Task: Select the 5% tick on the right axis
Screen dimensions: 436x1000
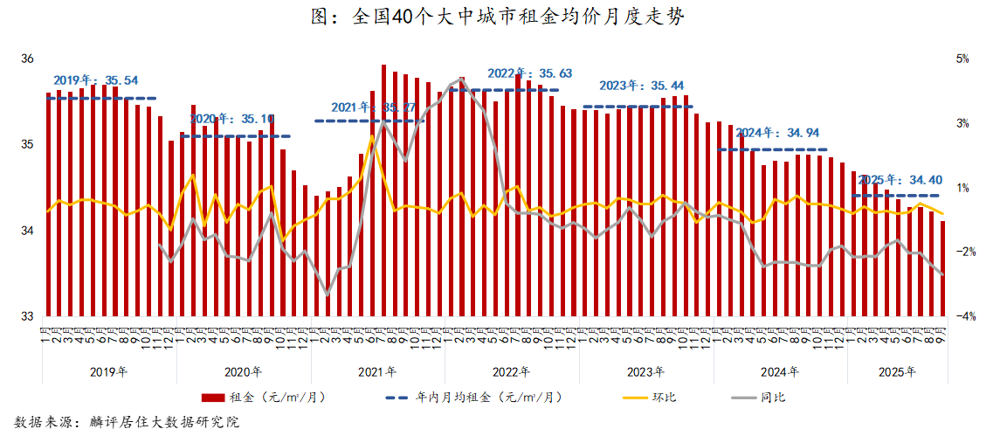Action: pyautogui.click(x=963, y=59)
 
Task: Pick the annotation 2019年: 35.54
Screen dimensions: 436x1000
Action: pyautogui.click(x=96, y=80)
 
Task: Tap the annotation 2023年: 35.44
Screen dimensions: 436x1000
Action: pyautogui.click(x=642, y=86)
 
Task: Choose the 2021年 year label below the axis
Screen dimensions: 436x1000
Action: pyautogui.click(x=377, y=371)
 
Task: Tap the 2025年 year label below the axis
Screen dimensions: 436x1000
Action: pyautogui.click(x=898, y=371)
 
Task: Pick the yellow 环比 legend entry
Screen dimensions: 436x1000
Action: pyautogui.click(x=650, y=398)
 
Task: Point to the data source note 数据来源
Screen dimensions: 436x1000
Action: pyautogui.click(x=128, y=422)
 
